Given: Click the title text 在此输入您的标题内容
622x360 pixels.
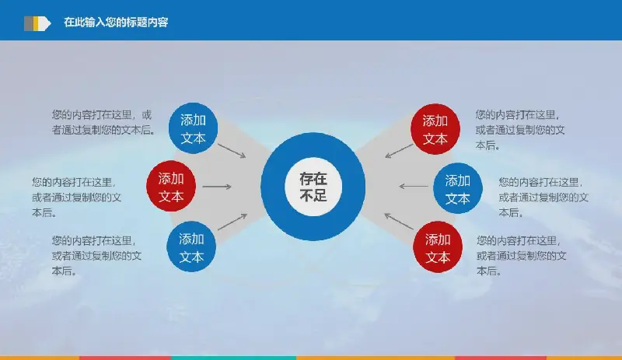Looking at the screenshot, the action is [x=116, y=23].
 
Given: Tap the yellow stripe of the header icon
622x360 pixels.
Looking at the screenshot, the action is [x=36, y=23].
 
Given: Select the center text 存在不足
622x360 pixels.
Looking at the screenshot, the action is [x=313, y=187].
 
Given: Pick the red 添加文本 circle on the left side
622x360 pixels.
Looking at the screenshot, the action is [x=171, y=186].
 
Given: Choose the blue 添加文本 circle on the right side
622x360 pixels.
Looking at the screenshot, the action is [x=458, y=188].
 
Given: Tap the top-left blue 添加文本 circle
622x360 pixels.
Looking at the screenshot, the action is [x=193, y=128].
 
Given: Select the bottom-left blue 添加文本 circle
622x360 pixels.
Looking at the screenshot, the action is [x=191, y=246].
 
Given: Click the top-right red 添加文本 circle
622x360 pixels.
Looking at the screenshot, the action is [x=435, y=129].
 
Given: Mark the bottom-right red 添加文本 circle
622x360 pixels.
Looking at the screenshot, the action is [x=438, y=247].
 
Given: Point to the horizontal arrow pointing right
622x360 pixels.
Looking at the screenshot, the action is [x=217, y=187].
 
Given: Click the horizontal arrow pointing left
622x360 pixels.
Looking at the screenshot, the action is [x=414, y=186].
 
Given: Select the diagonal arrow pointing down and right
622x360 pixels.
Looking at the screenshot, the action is [x=232, y=151].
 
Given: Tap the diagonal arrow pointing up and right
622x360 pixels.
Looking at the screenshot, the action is [x=232, y=222].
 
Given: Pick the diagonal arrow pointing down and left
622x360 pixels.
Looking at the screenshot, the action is [x=399, y=151].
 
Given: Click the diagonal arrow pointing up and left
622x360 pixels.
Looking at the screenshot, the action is [x=399, y=222].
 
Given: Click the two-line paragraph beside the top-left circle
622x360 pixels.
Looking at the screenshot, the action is [x=103, y=123].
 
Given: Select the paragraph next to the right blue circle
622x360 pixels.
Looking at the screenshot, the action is [x=543, y=197].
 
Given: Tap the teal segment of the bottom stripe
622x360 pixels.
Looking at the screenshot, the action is [x=234, y=358].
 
